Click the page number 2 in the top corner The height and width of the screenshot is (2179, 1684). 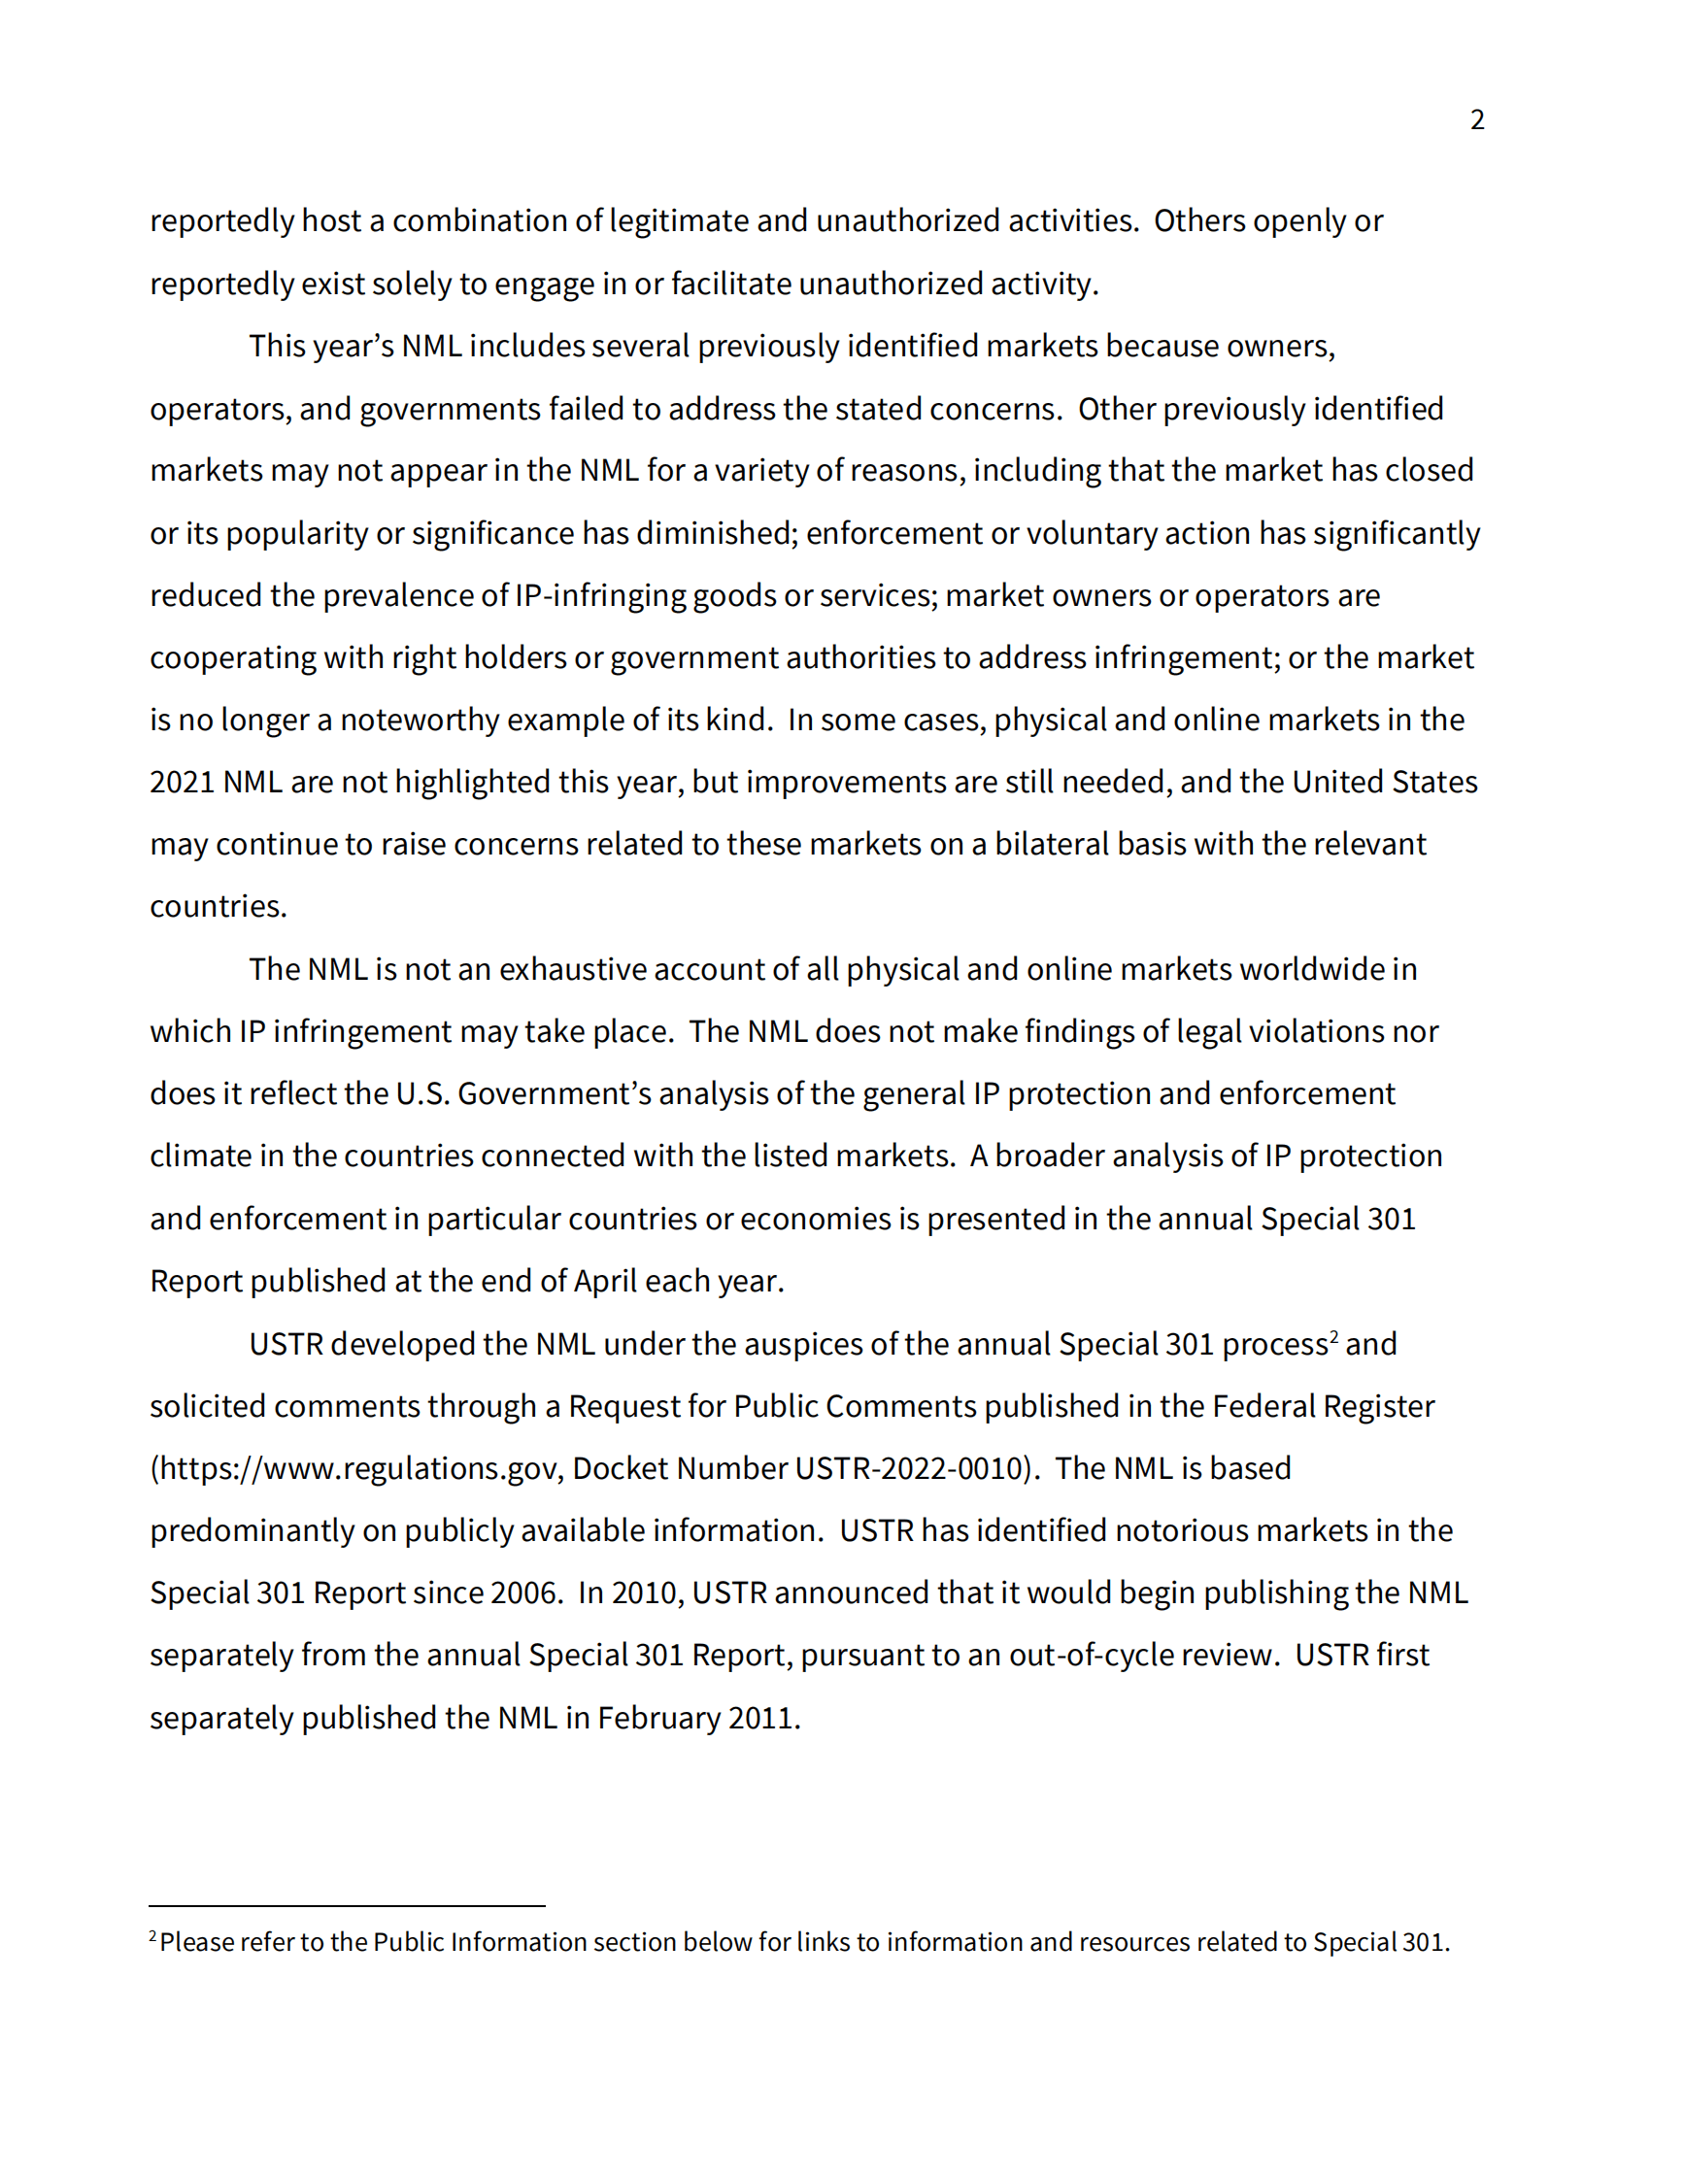1476,119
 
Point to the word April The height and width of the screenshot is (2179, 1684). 605,1281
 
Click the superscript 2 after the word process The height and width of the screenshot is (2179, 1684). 1333,1337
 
